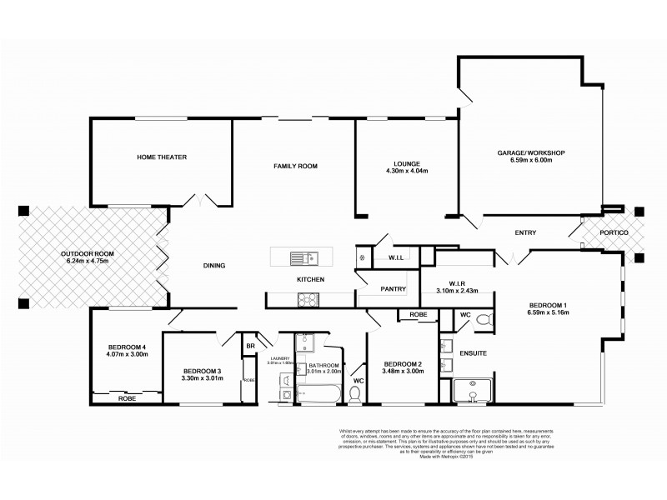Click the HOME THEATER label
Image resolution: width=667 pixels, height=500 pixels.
click(x=162, y=157)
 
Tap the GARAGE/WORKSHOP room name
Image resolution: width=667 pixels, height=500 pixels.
click(x=531, y=153)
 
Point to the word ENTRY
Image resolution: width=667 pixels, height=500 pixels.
click(x=525, y=232)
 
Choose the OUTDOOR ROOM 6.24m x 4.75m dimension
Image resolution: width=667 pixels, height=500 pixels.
click(x=87, y=261)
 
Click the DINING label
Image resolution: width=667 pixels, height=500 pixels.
click(x=214, y=266)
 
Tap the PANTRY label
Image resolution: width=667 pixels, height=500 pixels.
click(x=393, y=289)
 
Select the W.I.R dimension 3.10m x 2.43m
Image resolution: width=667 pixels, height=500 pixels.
click(x=462, y=292)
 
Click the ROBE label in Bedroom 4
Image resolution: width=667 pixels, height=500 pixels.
click(x=127, y=398)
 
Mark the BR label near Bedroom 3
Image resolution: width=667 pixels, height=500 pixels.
click(x=249, y=346)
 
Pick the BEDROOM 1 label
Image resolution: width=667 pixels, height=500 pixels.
click(x=548, y=305)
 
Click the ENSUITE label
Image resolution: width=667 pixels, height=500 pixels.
click(x=474, y=354)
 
